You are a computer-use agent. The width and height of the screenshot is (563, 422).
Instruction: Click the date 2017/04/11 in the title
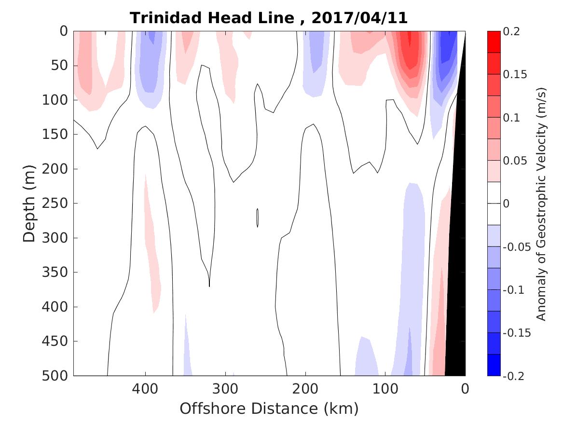pos(359,18)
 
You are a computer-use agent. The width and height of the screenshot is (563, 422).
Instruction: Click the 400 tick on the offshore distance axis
pos(145,388)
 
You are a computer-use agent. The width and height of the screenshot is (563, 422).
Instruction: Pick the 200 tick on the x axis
pos(305,388)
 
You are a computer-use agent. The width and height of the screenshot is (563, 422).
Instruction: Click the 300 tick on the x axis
pos(225,388)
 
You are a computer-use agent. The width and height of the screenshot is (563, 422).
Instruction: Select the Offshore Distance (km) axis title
pos(269,408)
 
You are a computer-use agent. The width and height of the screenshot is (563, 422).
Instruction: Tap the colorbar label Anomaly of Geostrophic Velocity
pos(541,204)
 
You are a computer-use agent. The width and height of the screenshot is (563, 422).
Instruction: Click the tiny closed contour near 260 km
pos(258,218)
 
